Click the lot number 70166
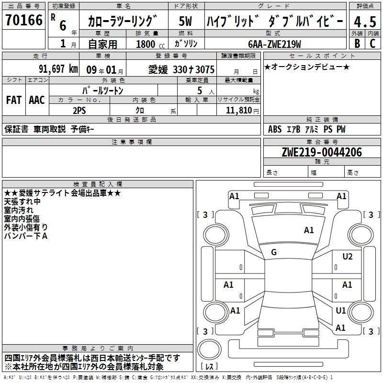coord(24,21)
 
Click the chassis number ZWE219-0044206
coord(322,152)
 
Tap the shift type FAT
coord(13,100)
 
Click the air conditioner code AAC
coord(36,100)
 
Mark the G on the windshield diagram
coord(274,252)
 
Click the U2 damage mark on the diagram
coord(348,257)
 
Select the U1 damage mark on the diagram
coord(341,311)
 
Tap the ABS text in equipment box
coord(275,129)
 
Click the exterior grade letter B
coord(357,44)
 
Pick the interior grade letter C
coord(372,44)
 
